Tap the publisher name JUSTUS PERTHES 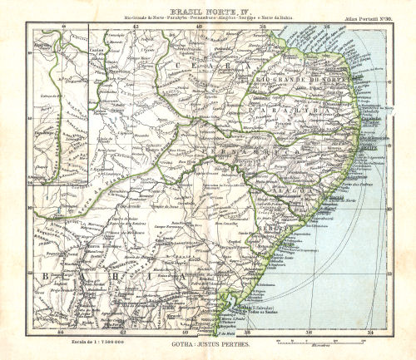point(220,343)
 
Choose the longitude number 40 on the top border point(200,26)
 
